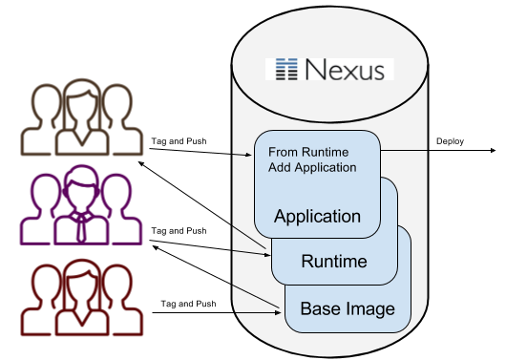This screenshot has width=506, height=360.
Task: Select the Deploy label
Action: click(x=451, y=141)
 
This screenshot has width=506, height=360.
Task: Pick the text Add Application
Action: click(x=312, y=167)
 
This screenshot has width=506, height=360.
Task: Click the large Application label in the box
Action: click(x=317, y=216)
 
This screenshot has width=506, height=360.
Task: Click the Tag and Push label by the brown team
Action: click(x=178, y=141)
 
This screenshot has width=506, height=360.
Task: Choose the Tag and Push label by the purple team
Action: click(x=178, y=230)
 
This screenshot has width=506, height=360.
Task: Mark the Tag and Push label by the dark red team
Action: click(x=178, y=303)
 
